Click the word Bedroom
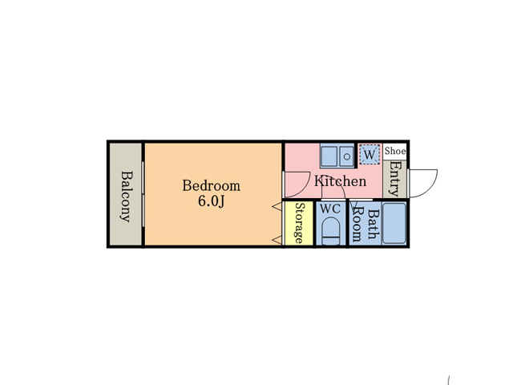point(212,185)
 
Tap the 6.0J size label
point(212,201)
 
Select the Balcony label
point(127,197)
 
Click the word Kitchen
point(340,181)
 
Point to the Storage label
point(299,223)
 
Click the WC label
point(330,209)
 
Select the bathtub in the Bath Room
point(394,223)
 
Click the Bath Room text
point(366,225)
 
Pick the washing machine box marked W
point(370,154)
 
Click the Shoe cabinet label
point(395,151)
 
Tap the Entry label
point(394,179)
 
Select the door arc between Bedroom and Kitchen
point(305,188)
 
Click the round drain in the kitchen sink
point(347,156)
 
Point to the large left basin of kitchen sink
point(329,156)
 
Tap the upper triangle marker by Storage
point(277,206)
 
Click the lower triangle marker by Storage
point(277,241)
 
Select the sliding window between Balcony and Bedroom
point(143,194)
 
